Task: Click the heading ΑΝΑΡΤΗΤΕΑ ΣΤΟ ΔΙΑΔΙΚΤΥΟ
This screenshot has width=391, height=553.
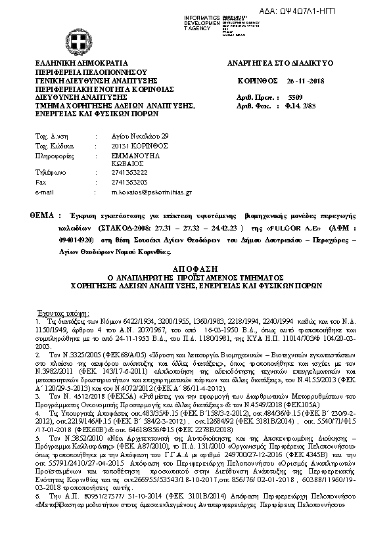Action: (x=281, y=62)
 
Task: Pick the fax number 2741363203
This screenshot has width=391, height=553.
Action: (x=129, y=183)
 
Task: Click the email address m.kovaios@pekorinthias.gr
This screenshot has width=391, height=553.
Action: (x=151, y=192)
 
